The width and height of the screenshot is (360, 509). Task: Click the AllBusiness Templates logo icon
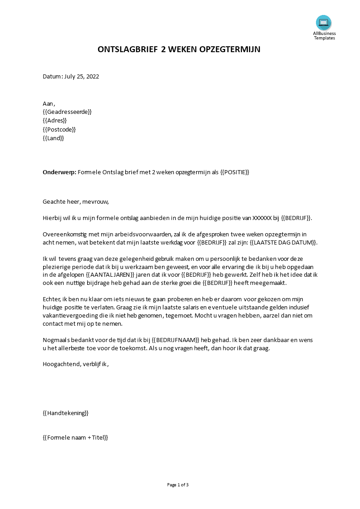coord(324,23)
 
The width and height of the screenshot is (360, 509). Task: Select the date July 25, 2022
coord(82,76)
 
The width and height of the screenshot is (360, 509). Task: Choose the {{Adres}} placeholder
coord(54,120)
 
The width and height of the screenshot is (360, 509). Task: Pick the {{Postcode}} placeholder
coord(59,129)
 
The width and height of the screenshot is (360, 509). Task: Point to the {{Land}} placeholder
coord(53,138)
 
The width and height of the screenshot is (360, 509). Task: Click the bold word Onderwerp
coord(59,172)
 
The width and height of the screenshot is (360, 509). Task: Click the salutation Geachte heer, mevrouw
coord(76,201)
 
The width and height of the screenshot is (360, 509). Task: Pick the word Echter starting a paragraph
coord(51,299)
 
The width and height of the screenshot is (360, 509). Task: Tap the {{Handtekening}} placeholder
coord(65,413)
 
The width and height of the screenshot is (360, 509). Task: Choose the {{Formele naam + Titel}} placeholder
coord(75,438)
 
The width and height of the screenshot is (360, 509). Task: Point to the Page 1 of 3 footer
coord(178,485)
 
